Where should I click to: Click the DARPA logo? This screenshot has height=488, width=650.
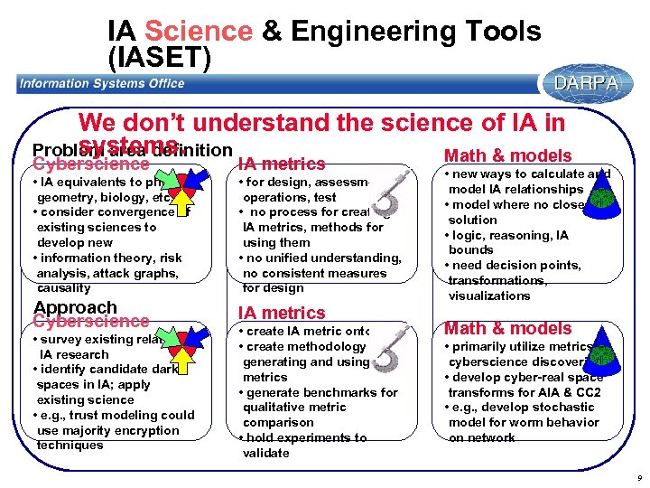click(x=586, y=83)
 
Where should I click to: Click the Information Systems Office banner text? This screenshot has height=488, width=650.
click(x=102, y=84)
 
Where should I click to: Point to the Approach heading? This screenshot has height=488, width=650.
click(x=75, y=307)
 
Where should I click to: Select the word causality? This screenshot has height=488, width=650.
click(x=63, y=288)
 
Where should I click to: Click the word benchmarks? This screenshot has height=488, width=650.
click(x=341, y=392)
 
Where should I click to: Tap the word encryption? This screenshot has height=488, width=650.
click(x=148, y=430)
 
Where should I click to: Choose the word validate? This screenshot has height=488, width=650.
click(x=266, y=453)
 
